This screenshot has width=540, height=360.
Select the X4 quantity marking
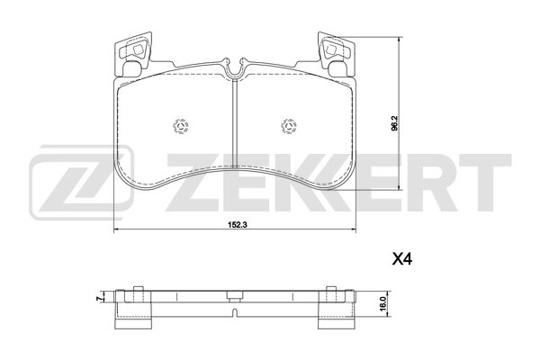[x=401, y=258]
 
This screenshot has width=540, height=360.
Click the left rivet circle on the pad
[x=177, y=125]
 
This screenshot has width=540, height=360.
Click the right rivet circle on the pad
[x=291, y=125]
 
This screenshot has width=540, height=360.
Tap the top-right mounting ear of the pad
[x=337, y=51]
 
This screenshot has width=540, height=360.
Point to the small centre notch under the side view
[x=234, y=314]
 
